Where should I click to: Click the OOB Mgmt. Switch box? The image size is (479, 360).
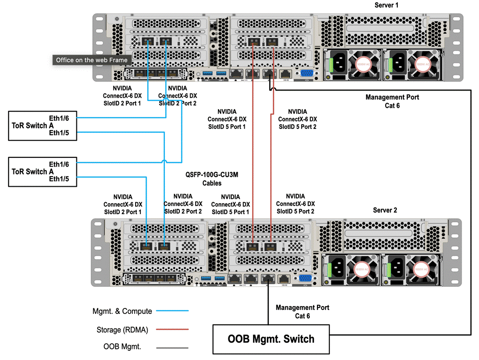271,339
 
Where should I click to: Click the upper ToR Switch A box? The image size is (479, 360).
42,126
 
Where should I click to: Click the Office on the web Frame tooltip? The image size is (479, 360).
92,60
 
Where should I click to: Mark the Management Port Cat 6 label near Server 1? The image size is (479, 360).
392,101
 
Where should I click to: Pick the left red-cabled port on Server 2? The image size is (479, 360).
252,246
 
